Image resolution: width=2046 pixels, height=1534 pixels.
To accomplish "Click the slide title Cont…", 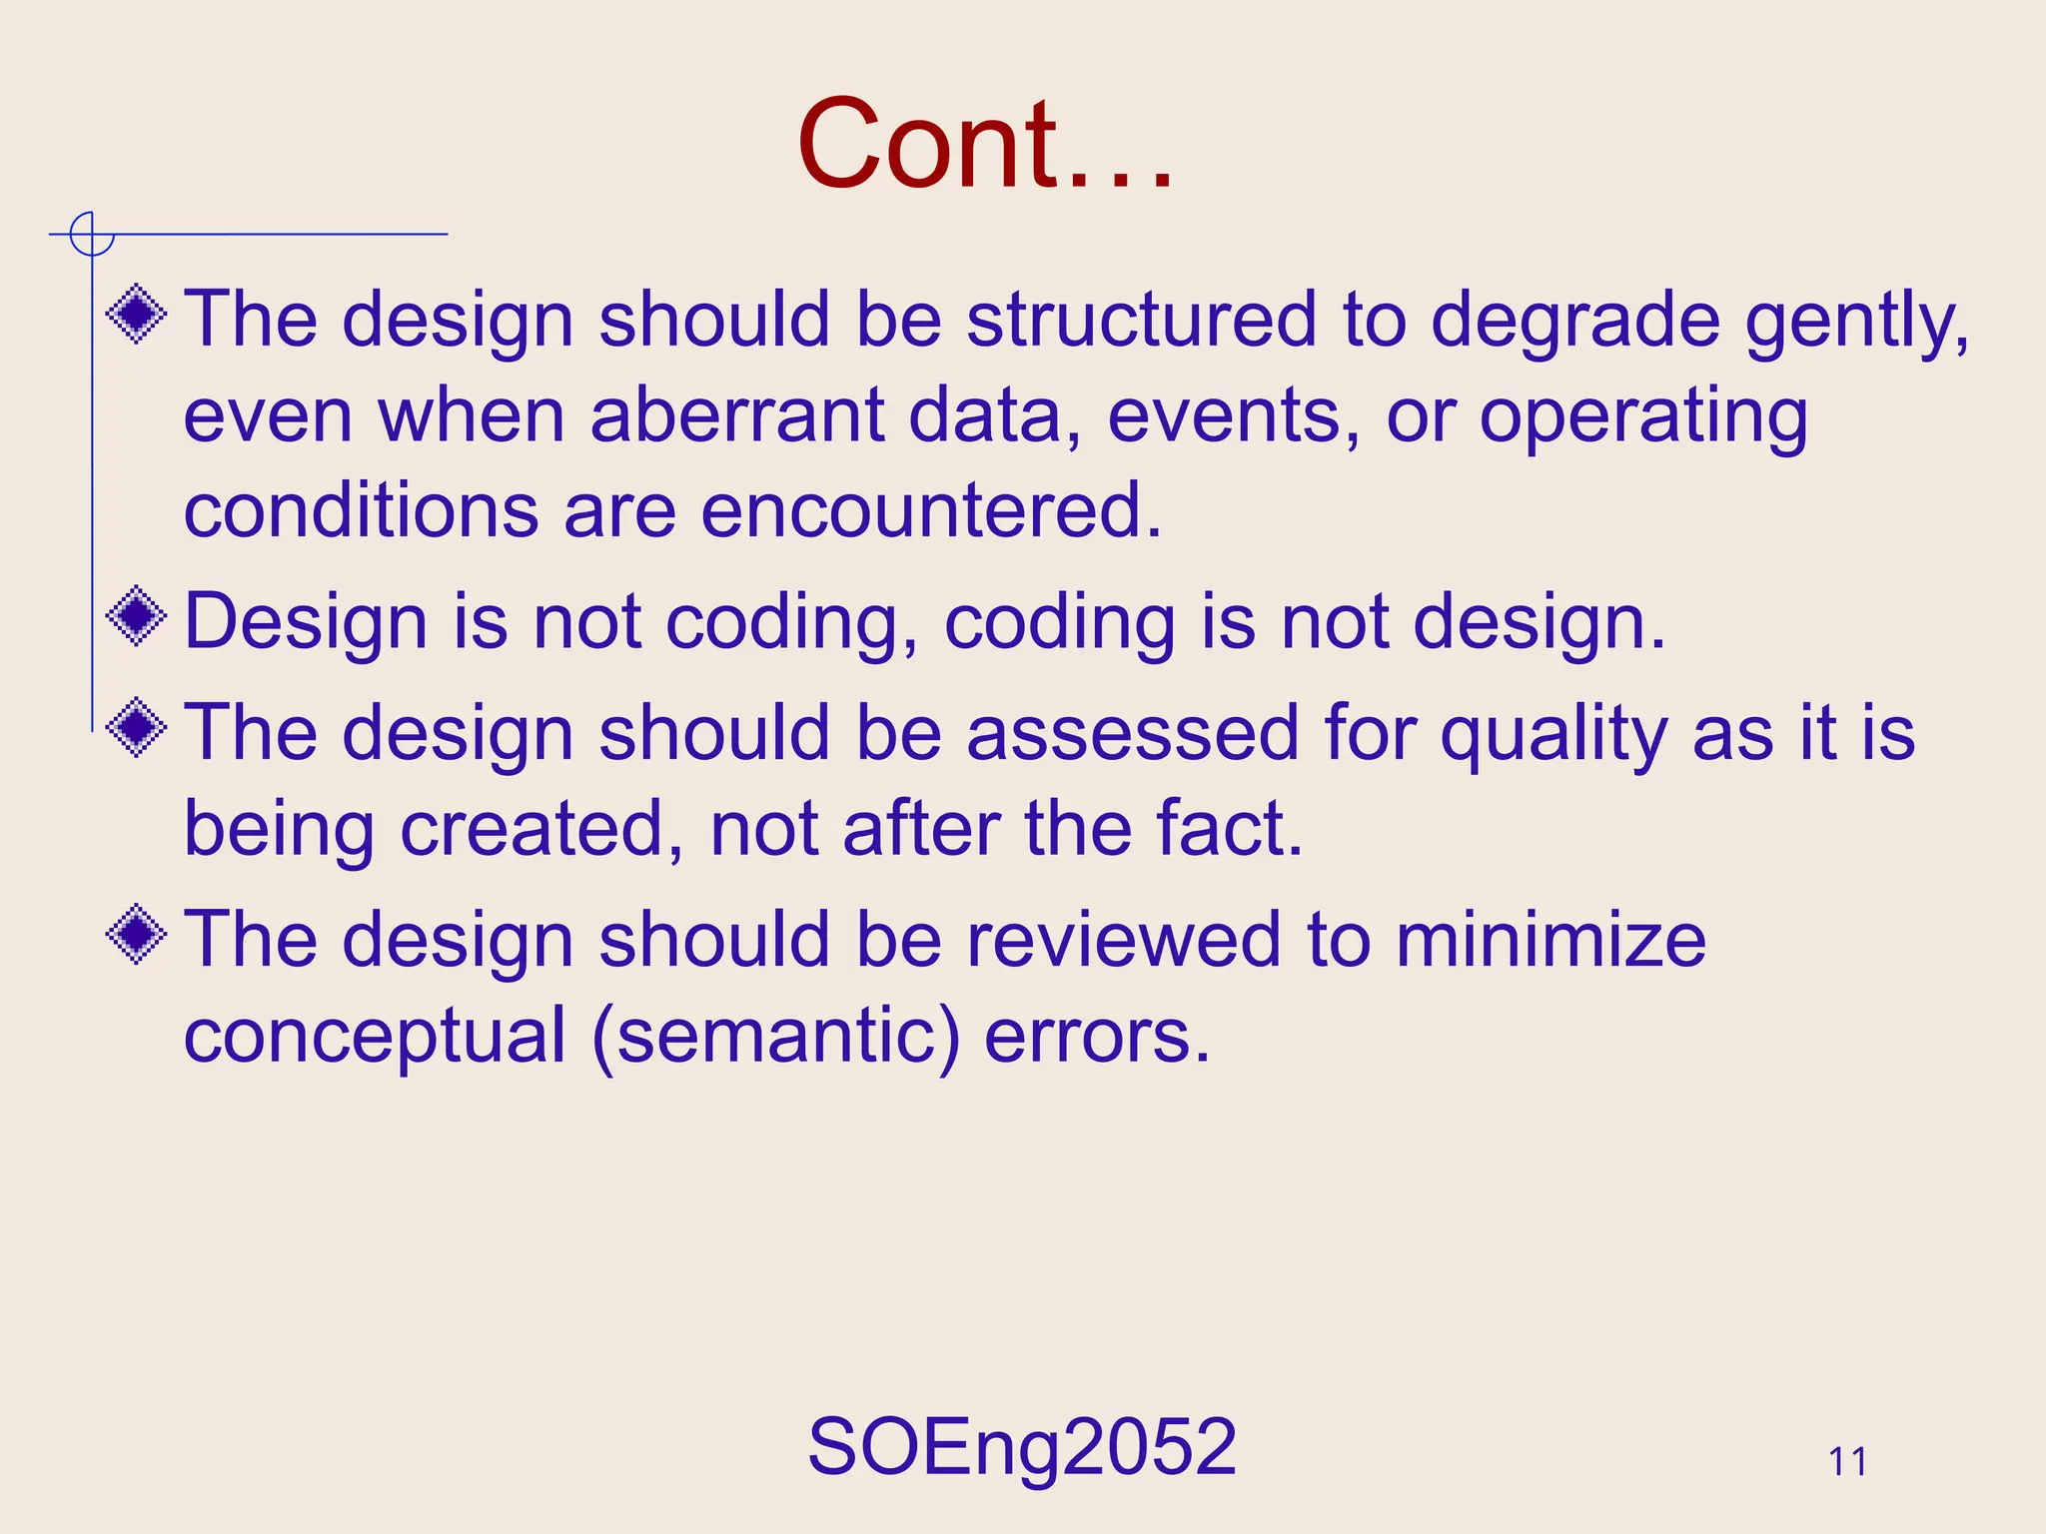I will (x=985, y=144).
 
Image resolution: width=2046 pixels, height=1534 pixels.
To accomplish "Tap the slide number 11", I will (x=1847, y=1462).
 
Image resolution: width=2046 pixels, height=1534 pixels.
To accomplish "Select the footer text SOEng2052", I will (x=1022, y=1446).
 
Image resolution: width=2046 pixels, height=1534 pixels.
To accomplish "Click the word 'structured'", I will (x=1142, y=320).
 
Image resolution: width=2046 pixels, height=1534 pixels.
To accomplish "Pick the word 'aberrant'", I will (x=736, y=415).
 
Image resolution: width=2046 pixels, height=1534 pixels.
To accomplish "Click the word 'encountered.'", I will (x=931, y=510).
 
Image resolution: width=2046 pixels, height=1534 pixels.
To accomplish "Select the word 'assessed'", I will (x=1133, y=732).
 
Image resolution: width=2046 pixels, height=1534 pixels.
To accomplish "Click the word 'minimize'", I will (x=1550, y=940).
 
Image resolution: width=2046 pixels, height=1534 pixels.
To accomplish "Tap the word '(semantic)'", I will (x=776, y=1037).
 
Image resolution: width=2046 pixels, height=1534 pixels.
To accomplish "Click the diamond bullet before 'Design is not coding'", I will (x=137, y=616).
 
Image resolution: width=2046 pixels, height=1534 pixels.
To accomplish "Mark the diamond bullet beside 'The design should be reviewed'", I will (x=137, y=935).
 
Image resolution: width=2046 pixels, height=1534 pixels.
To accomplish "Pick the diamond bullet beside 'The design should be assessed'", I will (x=137, y=727).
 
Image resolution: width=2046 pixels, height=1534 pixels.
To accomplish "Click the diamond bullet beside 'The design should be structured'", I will (x=137, y=315).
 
